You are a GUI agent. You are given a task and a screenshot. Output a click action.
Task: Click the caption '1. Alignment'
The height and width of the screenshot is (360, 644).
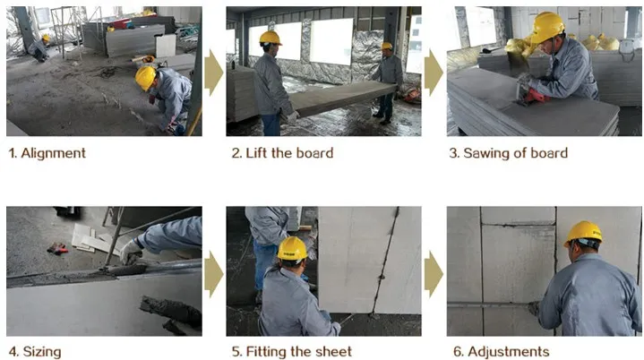click(x=47, y=153)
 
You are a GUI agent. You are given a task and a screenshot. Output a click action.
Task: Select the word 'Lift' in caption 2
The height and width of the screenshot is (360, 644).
click(x=259, y=153)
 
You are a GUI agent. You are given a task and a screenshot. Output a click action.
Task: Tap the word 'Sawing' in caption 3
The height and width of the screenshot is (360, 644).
click(x=487, y=153)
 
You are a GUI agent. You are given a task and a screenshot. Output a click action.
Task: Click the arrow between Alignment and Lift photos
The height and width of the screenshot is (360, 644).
click(x=213, y=73)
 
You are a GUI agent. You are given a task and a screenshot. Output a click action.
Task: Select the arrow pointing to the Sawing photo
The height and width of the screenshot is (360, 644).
click(x=434, y=73)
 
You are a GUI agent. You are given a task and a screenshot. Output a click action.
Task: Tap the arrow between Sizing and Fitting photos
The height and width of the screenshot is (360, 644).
click(x=213, y=273)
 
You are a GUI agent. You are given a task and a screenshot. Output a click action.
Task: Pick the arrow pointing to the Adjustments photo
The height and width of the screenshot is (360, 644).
click(x=434, y=273)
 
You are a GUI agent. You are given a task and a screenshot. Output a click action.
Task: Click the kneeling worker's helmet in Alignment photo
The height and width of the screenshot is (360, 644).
click(x=145, y=77)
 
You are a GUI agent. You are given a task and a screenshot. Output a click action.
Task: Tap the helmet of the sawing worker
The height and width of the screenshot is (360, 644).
click(x=545, y=27)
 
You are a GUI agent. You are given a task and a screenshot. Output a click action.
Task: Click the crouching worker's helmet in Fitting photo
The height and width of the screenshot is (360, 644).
click(x=292, y=248)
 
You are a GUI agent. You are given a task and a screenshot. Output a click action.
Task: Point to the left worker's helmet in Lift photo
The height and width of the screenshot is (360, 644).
click(x=270, y=38)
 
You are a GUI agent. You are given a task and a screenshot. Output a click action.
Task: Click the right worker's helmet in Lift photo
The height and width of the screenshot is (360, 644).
click(x=386, y=46)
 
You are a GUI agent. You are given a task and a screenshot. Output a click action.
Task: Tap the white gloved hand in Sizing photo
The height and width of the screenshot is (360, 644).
click(x=131, y=250)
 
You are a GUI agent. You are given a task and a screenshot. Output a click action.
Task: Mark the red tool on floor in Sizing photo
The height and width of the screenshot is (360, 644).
click(x=58, y=248)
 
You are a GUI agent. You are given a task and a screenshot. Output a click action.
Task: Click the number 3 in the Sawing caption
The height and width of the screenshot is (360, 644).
click(x=453, y=153)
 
